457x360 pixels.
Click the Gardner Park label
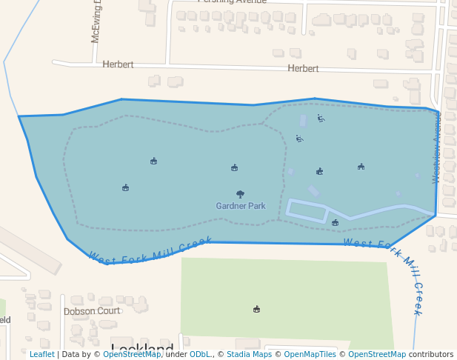tap(241, 206)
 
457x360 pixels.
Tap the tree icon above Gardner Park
tap(240, 194)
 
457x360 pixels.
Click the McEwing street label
tap(96, 23)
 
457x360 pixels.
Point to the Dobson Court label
tap(91, 311)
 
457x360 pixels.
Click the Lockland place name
tap(142, 347)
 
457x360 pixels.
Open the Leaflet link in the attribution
tap(41, 355)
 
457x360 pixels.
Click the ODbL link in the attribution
tap(200, 355)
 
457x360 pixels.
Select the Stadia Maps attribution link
tap(249, 355)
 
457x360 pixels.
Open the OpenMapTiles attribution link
tap(310, 355)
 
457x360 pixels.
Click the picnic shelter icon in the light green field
tap(257, 309)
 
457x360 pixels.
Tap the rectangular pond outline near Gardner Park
tap(307, 211)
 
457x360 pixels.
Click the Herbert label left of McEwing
tap(118, 64)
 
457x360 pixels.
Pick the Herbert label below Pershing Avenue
tap(303, 68)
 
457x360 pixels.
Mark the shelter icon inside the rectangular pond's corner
tap(335, 222)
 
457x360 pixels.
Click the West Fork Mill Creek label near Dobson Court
tap(150, 249)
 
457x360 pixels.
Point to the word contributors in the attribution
tap(431, 355)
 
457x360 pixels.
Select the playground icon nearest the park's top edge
tap(321, 118)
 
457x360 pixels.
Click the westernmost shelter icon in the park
tap(125, 187)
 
